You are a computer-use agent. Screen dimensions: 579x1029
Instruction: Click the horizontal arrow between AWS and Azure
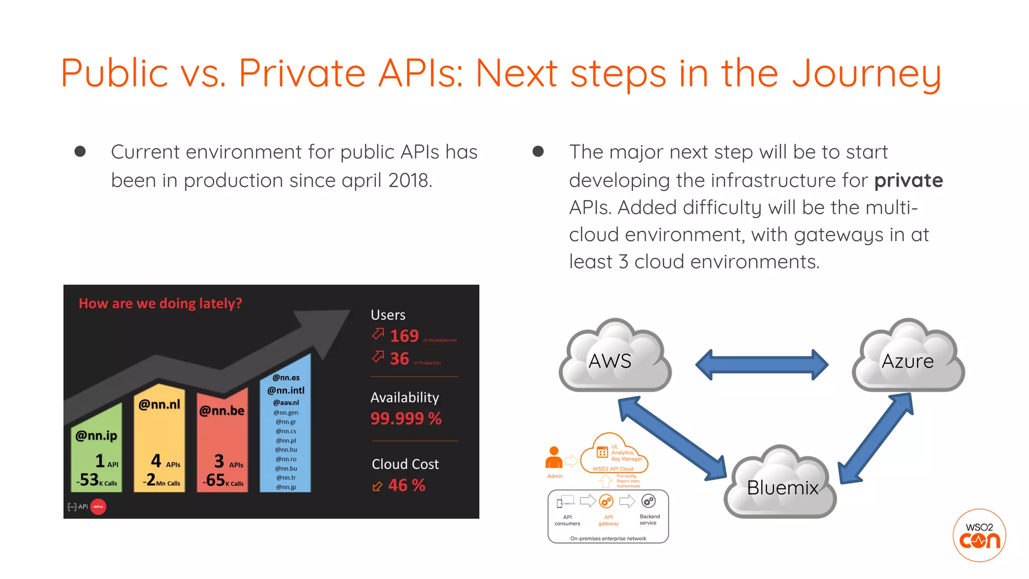click(761, 364)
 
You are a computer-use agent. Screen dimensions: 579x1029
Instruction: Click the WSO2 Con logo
click(979, 535)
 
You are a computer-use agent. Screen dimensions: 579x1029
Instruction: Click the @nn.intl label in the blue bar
click(285, 391)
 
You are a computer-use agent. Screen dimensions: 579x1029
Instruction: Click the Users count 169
click(404, 336)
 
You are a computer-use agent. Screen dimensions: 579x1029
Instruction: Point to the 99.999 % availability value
click(405, 418)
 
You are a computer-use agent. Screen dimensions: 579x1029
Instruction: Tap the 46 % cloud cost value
click(406, 485)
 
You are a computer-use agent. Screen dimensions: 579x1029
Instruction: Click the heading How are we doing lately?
click(160, 304)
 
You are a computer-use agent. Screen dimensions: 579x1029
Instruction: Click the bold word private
click(908, 180)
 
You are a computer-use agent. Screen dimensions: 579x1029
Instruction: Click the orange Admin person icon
click(554, 457)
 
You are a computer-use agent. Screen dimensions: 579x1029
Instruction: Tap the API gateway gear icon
click(606, 502)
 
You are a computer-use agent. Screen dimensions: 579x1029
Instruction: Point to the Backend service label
click(649, 520)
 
